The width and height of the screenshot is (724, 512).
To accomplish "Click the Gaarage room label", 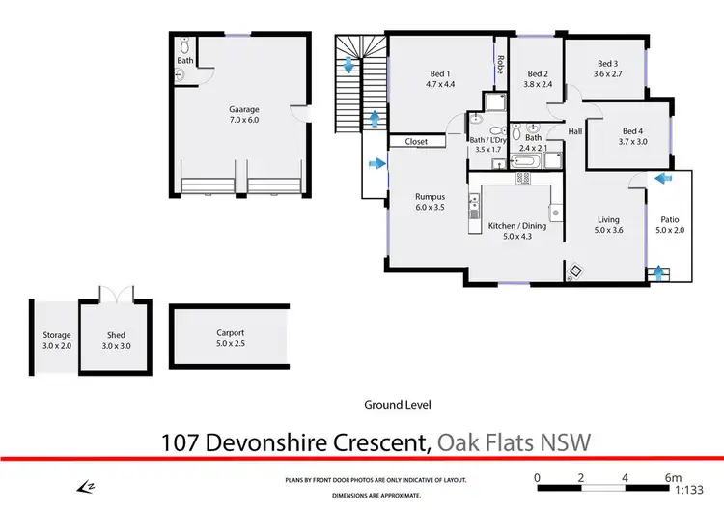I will [x=243, y=110].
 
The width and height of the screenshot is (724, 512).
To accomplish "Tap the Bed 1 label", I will [x=441, y=74].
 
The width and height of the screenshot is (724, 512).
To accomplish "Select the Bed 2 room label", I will [x=538, y=74].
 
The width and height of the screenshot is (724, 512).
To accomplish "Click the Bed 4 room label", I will [x=632, y=131].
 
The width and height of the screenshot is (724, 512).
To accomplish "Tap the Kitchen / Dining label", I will [x=516, y=226].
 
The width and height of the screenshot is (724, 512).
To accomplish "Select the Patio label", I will [x=668, y=220].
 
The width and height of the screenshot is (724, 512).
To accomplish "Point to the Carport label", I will [x=230, y=332].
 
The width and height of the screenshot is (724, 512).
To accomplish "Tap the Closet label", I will [x=416, y=142].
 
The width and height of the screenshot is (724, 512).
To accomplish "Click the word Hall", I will [x=575, y=131].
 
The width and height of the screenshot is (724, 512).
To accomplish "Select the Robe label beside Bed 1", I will [x=501, y=65].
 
